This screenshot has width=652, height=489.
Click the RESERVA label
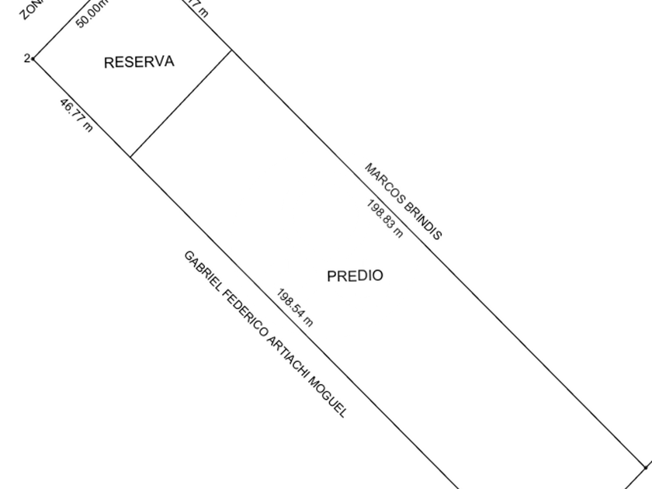coord(139,62)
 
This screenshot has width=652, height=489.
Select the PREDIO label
coord(355,276)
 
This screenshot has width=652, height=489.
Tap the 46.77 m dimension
coord(76,115)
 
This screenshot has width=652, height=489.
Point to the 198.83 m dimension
coord(384,219)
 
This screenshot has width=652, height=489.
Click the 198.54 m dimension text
coord(295,307)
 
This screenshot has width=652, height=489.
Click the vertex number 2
coord(27,58)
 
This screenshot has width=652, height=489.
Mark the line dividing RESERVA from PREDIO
coord(181,104)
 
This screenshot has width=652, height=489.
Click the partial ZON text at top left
coord(30,9)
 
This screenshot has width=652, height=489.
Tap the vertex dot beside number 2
coord(33,58)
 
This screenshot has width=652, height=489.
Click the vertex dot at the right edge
coord(647,467)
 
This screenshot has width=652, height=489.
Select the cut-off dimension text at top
coord(199,9)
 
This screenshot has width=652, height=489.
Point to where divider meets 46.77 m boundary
coord(130,157)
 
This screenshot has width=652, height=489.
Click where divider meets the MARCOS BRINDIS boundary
coord(231,51)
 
